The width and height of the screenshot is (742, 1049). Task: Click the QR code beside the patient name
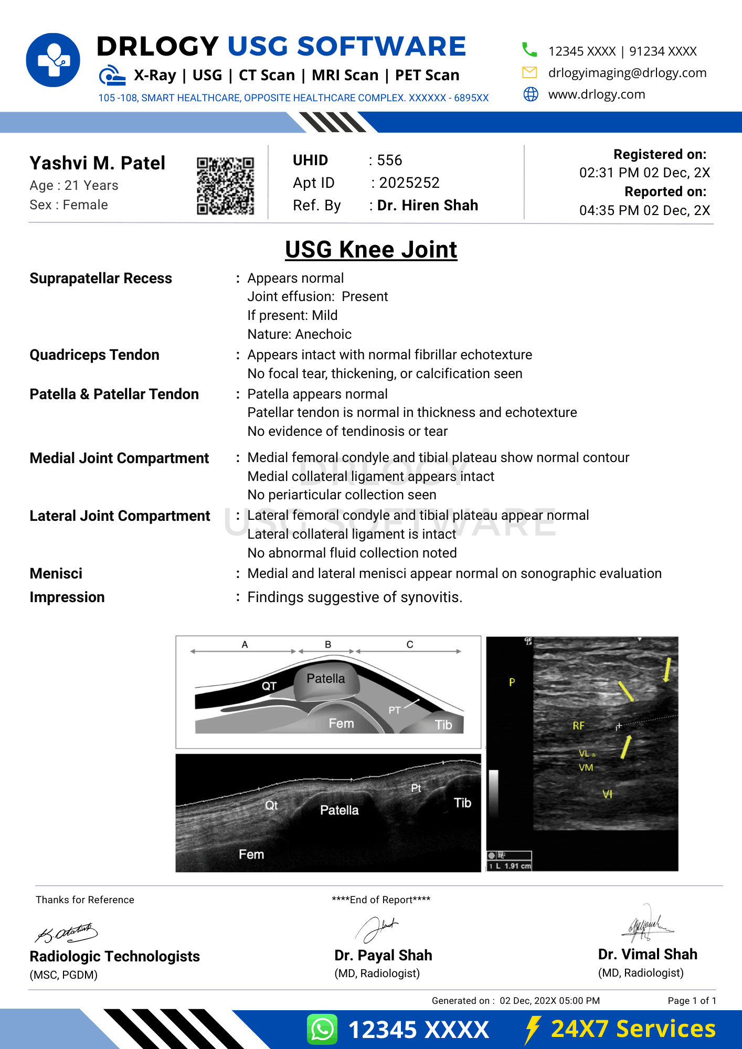click(225, 186)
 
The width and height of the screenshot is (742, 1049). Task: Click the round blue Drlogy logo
click(53, 60)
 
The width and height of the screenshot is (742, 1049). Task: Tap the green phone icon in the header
click(529, 50)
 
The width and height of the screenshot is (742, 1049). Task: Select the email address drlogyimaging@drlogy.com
click(627, 73)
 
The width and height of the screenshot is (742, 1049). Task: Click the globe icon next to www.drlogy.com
click(531, 94)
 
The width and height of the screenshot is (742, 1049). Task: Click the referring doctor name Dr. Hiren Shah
click(427, 206)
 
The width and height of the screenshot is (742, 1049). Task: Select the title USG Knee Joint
click(371, 250)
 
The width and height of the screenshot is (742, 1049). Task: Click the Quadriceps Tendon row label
click(94, 355)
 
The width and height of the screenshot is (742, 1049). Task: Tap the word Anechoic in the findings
click(323, 335)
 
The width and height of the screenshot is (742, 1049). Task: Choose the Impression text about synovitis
click(355, 597)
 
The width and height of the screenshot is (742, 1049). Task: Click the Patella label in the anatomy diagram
click(325, 679)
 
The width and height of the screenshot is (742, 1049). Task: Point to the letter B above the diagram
click(327, 645)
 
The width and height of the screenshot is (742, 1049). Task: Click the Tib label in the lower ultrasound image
click(462, 803)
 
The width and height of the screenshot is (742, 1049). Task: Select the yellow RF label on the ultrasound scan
click(578, 726)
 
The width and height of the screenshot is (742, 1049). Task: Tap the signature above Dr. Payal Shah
click(376, 929)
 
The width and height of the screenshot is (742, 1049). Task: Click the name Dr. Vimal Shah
click(647, 955)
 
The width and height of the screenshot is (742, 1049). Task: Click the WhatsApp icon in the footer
click(322, 1029)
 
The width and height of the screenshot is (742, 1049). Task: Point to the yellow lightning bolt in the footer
click(532, 1029)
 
